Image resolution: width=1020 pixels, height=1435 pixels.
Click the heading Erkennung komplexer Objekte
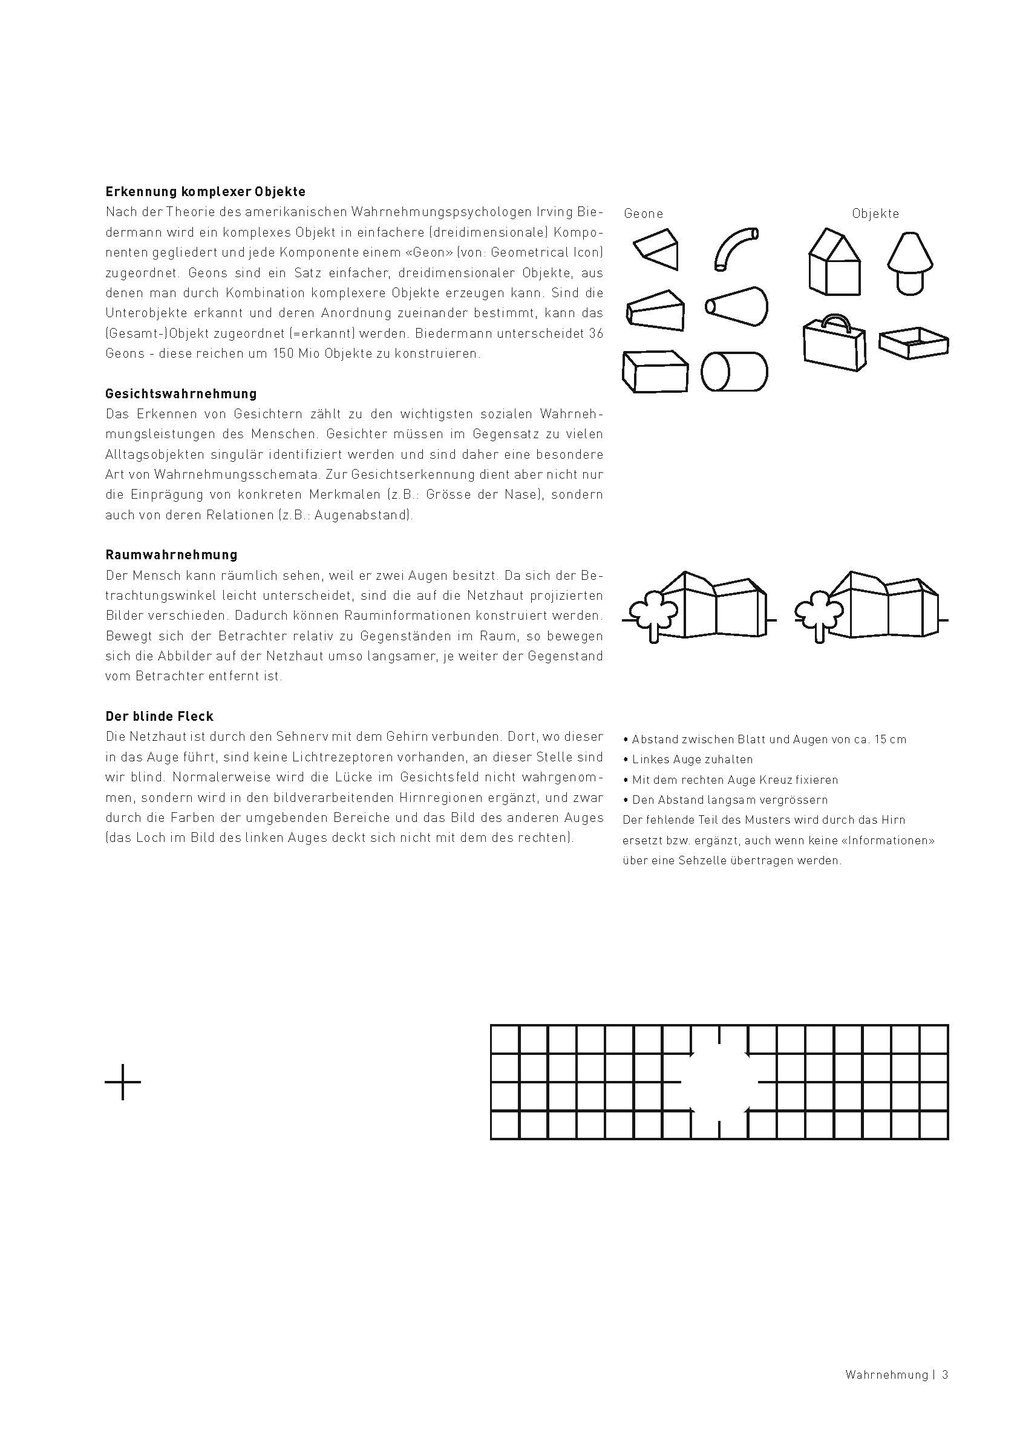(x=205, y=191)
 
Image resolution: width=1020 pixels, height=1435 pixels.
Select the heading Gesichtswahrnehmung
(x=181, y=394)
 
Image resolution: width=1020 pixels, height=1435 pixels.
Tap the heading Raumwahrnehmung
(x=171, y=555)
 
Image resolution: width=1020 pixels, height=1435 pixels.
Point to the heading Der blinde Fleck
(x=160, y=716)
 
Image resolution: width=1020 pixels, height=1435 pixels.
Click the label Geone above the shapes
(x=643, y=214)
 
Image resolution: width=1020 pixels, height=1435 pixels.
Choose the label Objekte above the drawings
(x=875, y=214)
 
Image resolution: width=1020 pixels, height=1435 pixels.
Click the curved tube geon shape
(x=735, y=248)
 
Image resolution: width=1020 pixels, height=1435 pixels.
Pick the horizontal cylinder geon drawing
(x=734, y=372)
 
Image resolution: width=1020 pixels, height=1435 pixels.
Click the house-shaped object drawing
(x=834, y=262)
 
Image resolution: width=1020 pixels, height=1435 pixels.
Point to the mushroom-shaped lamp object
(x=909, y=262)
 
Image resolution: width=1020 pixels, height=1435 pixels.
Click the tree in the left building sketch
(x=653, y=612)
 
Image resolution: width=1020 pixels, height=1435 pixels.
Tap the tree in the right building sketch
(x=818, y=612)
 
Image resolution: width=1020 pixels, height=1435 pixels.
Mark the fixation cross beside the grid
(x=122, y=1082)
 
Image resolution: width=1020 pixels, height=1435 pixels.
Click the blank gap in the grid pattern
(x=720, y=1082)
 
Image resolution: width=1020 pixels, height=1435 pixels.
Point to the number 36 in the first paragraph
(x=596, y=333)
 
